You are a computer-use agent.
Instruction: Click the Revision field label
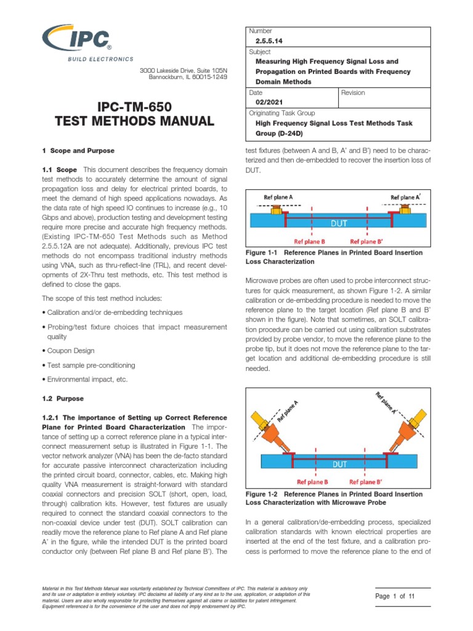[x=354, y=92]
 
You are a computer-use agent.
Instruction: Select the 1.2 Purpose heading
[x=63, y=399]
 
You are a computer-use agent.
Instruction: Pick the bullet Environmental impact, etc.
[x=86, y=380]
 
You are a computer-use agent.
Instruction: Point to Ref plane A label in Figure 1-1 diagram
[x=278, y=197]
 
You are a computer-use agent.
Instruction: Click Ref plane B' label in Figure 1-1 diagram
[x=368, y=242]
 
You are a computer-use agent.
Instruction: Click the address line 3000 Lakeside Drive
[x=184, y=71]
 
